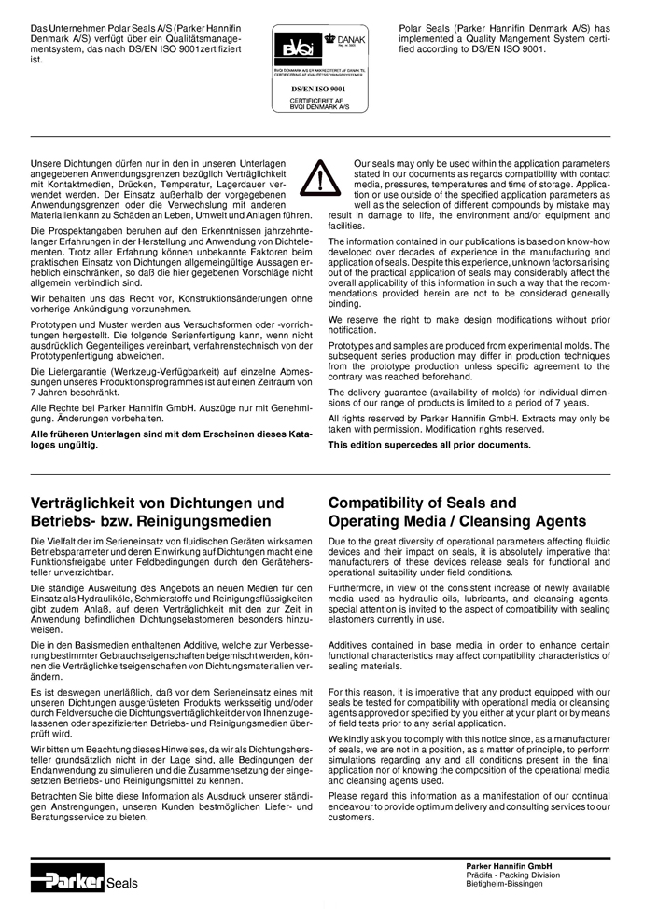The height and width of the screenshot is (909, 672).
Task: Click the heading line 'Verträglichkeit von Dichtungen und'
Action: [x=158, y=503]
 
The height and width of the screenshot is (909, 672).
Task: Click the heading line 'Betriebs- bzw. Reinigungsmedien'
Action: [x=150, y=521]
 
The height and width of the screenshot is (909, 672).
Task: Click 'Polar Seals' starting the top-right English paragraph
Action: [x=421, y=30]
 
